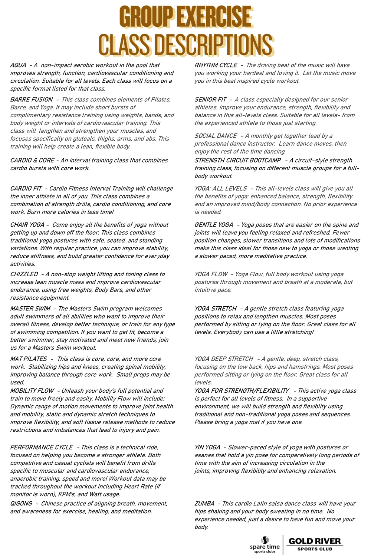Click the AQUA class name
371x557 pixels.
(x=18, y=65)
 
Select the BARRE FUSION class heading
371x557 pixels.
(x=32, y=99)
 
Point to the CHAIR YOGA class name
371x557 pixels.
(x=27, y=225)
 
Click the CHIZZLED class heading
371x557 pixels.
(x=24, y=274)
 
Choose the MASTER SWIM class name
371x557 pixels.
(x=30, y=309)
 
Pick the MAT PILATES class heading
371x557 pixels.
(x=29, y=359)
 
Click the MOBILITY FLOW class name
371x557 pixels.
(x=32, y=390)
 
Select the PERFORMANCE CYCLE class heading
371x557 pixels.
(x=42, y=447)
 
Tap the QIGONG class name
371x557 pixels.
(x=21, y=504)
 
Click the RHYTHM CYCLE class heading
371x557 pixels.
(x=216, y=65)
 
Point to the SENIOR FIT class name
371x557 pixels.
(x=210, y=99)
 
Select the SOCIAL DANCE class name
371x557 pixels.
(x=216, y=136)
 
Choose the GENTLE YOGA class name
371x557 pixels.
(x=214, y=225)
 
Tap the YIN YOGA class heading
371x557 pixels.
(x=207, y=447)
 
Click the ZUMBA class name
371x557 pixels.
(x=204, y=504)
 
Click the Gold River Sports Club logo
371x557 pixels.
(x=315, y=544)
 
